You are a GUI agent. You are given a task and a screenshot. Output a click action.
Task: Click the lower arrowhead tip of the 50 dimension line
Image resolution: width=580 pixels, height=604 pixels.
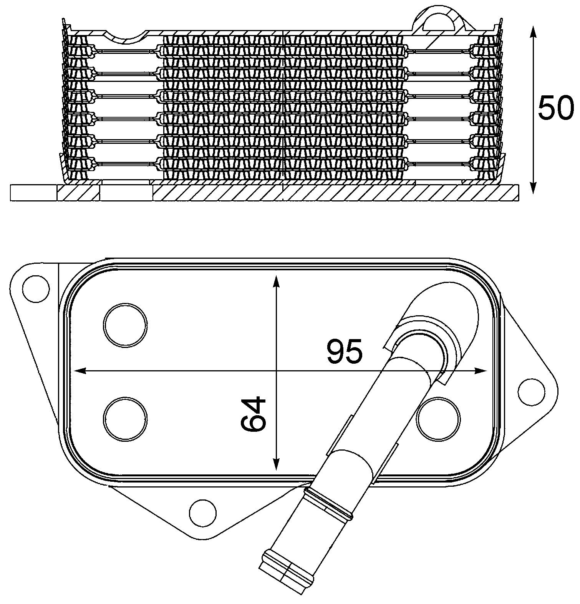(x=533, y=193)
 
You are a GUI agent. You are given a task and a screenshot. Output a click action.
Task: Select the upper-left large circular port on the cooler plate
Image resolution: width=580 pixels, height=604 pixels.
(x=126, y=325)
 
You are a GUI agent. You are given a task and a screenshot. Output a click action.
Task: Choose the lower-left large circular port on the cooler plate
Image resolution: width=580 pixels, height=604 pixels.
(x=126, y=419)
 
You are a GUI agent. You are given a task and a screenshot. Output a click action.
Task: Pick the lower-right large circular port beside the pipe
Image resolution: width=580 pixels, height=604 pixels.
(x=439, y=419)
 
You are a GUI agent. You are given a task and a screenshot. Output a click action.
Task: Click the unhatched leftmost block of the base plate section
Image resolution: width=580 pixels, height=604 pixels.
(x=34, y=193)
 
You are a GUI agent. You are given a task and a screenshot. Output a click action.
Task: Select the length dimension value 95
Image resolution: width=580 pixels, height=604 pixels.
(x=345, y=351)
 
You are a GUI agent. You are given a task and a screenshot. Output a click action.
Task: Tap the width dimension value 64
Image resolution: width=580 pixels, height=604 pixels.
(x=254, y=413)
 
